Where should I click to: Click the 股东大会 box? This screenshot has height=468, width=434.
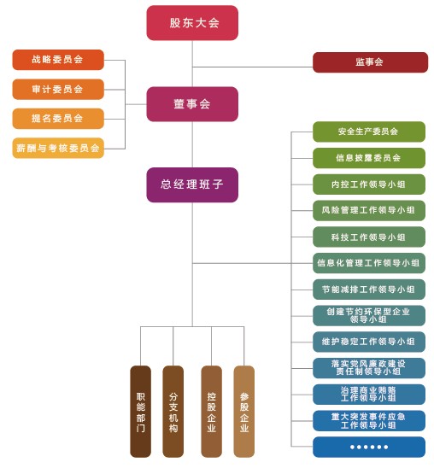pyautogui.click(x=192, y=23)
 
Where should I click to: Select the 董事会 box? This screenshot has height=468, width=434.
pyautogui.click(x=192, y=104)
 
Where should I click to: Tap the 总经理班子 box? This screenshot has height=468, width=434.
pyautogui.click(x=192, y=184)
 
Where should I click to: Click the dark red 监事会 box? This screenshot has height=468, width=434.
pyautogui.click(x=370, y=62)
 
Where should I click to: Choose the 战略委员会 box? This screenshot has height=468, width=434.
pyautogui.click(x=58, y=60)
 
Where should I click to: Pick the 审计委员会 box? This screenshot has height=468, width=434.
pyautogui.click(x=58, y=89)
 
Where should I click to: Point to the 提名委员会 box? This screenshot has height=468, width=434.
pyautogui.click(x=58, y=119)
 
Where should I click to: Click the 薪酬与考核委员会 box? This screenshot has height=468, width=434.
pyautogui.click(x=58, y=148)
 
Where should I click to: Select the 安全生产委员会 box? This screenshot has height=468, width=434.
pyautogui.click(x=369, y=132)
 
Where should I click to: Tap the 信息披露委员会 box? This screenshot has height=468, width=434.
pyautogui.click(x=369, y=158)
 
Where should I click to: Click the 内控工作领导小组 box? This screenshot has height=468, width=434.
pyautogui.click(x=369, y=184)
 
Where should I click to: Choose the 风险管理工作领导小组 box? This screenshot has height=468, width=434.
pyautogui.click(x=369, y=210)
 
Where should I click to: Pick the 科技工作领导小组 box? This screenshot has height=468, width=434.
pyautogui.click(x=369, y=237)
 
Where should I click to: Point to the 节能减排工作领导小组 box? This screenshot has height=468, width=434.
pyautogui.click(x=369, y=290)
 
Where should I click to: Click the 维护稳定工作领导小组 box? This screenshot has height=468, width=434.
pyautogui.click(x=369, y=342)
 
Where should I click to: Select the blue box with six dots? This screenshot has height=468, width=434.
pyautogui.click(x=369, y=447)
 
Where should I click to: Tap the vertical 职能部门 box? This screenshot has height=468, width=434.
pyautogui.click(x=141, y=412)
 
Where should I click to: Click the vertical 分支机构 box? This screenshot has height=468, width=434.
pyautogui.click(x=173, y=412)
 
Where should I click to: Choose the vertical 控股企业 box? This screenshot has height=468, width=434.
pyautogui.click(x=212, y=412)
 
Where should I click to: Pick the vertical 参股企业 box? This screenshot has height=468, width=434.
pyautogui.click(x=244, y=412)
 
